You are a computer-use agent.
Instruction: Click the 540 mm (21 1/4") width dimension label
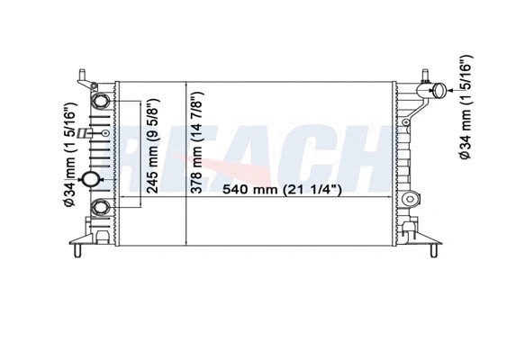click(282, 189)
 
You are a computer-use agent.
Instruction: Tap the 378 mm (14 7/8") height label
click(196, 142)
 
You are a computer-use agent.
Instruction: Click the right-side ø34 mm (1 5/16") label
click(466, 106)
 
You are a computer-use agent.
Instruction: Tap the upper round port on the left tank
click(100, 101)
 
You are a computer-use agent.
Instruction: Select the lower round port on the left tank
click(100, 208)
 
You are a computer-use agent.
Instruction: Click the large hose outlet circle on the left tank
click(91, 179)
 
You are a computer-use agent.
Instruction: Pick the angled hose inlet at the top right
click(439, 91)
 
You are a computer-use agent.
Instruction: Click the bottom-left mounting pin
click(77, 250)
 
